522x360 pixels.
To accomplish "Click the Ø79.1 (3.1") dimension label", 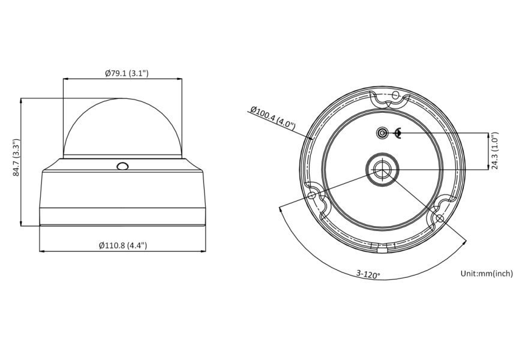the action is click(127, 73).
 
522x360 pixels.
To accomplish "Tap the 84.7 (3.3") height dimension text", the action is click(16, 158).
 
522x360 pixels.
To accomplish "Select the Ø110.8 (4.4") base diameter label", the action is click(123, 245).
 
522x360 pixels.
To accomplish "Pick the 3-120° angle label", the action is click(368, 274).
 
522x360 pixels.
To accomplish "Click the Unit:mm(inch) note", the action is click(487, 274).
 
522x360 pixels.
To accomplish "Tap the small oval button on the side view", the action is click(122, 166).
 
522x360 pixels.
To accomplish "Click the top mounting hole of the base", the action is click(395, 95).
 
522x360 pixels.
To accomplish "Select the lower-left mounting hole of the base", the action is click(312, 195).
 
